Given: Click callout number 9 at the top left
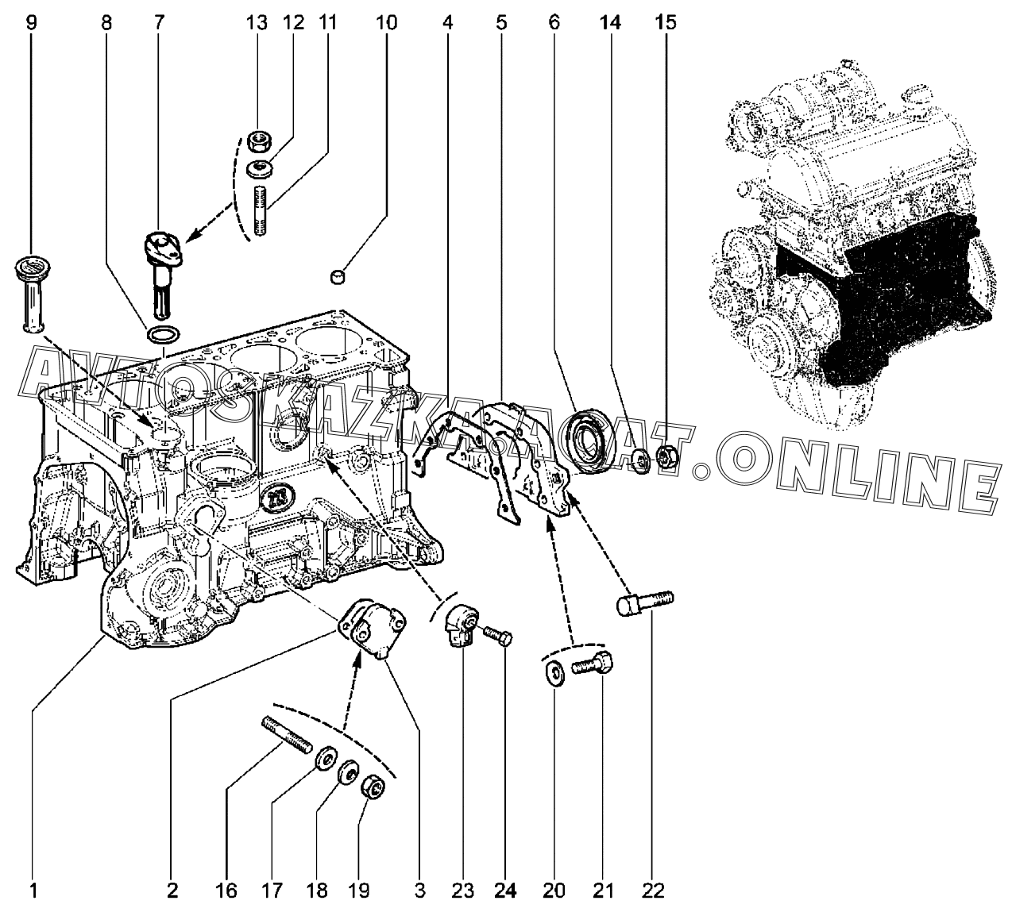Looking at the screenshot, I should coord(32,23).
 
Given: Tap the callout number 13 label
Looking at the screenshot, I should coord(256,23).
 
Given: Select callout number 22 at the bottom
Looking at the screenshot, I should coord(653,891).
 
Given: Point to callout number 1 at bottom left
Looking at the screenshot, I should coord(33,891).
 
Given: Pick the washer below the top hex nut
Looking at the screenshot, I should coord(259,169).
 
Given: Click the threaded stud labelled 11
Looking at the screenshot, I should coord(259,212).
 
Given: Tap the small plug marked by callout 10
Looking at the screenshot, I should coord(338,276).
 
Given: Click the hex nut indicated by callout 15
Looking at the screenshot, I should coord(666,456).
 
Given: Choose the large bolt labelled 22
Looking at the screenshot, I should coord(644,602).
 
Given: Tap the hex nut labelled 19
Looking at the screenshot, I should coord(373,788).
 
